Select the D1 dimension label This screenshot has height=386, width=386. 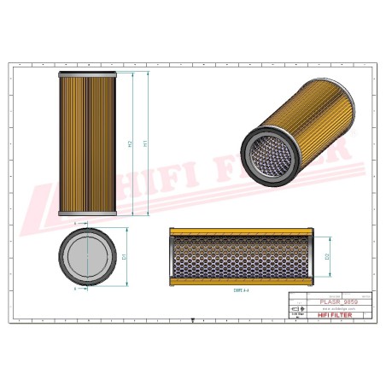tap(125, 256)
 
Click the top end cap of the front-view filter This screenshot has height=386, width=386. tap(87, 74)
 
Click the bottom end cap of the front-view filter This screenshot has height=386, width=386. tap(87, 213)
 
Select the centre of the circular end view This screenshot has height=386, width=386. tap(87, 257)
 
